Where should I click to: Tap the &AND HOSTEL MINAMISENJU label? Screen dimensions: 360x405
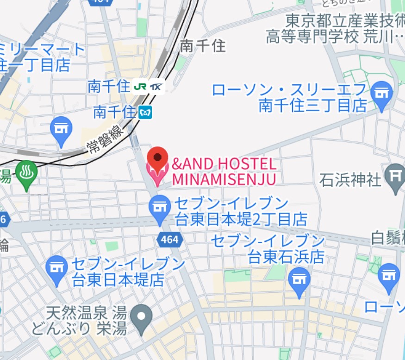[x=224, y=171]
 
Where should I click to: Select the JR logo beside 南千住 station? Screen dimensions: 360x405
[x=140, y=87]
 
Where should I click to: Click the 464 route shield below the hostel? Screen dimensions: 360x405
[x=170, y=240]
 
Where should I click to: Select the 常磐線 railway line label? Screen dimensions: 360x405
[x=106, y=139]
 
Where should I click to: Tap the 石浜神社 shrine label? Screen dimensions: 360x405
[x=350, y=179]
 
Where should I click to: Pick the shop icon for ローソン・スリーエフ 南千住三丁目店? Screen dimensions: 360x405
[x=382, y=94]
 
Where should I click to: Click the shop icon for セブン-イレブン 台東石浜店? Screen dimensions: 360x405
[x=299, y=281]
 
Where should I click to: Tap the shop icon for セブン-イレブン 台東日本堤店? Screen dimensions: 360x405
[x=58, y=268]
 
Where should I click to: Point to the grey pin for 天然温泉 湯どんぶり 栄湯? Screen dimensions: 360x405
[x=142, y=317]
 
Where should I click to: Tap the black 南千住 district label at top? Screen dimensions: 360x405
[x=202, y=45]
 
